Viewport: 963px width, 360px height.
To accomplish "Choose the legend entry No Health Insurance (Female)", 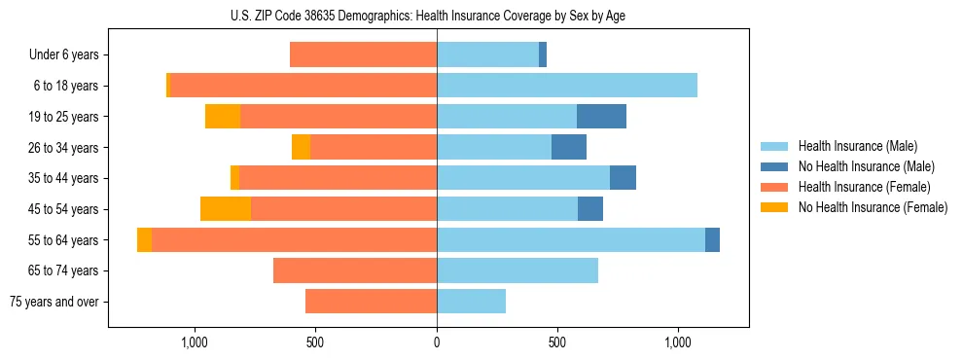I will click(x=872, y=207).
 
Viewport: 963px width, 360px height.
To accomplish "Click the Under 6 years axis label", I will click(x=70, y=55).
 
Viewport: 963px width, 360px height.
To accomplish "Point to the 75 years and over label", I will click(x=53, y=302).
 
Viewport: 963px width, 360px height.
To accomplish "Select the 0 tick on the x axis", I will click(x=437, y=342).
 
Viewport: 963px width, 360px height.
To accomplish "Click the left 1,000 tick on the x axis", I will click(x=195, y=342).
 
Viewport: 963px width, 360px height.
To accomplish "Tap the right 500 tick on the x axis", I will click(x=557, y=342).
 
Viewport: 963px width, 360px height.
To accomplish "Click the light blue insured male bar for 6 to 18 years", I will click(x=567, y=86).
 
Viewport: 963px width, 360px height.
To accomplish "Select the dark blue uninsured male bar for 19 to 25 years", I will click(x=601, y=117).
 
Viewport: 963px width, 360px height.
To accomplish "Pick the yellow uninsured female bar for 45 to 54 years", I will click(x=226, y=209).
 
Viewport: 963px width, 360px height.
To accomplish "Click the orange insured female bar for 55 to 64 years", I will click(x=294, y=240).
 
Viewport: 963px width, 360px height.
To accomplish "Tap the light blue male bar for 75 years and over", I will click(x=471, y=302).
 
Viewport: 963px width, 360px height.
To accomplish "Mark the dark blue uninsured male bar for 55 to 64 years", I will click(x=712, y=240).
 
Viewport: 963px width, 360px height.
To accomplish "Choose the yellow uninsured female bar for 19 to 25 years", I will click(x=223, y=117).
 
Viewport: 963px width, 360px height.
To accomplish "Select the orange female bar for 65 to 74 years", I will click(x=355, y=270).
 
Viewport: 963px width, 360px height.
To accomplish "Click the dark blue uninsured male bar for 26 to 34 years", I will click(x=569, y=148).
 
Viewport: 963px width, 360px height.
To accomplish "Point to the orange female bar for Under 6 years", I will click(x=363, y=55).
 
